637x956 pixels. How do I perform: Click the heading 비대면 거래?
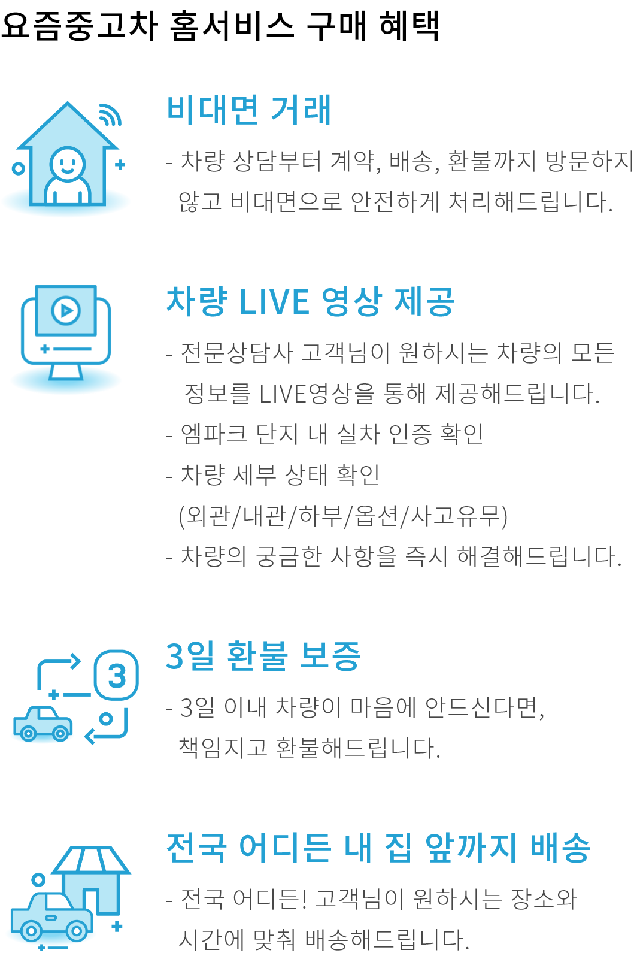pyautogui.click(x=249, y=110)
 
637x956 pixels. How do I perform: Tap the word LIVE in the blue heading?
pyautogui.click(x=274, y=302)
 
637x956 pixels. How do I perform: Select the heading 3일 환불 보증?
pyautogui.click(x=263, y=656)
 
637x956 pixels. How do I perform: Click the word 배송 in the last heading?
pyautogui.click(x=560, y=848)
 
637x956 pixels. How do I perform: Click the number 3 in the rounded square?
pyautogui.click(x=117, y=676)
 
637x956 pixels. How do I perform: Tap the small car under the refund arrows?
pyautogui.click(x=43, y=724)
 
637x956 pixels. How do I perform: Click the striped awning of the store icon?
pyautogui.click(x=91, y=860)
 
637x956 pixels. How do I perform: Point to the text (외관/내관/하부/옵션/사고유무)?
pyautogui.click(x=343, y=516)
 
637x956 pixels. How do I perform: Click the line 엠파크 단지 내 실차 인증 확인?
pyautogui.click(x=332, y=434)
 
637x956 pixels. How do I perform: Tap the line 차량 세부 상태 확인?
pyautogui.click(x=280, y=475)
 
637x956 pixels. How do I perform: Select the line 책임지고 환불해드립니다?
pyautogui.click(x=309, y=748)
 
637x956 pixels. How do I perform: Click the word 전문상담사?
pyautogui.click(x=236, y=353)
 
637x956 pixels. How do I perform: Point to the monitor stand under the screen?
pyautogui.click(x=66, y=372)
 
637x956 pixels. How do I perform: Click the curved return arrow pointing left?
pyautogui.click(x=108, y=727)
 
